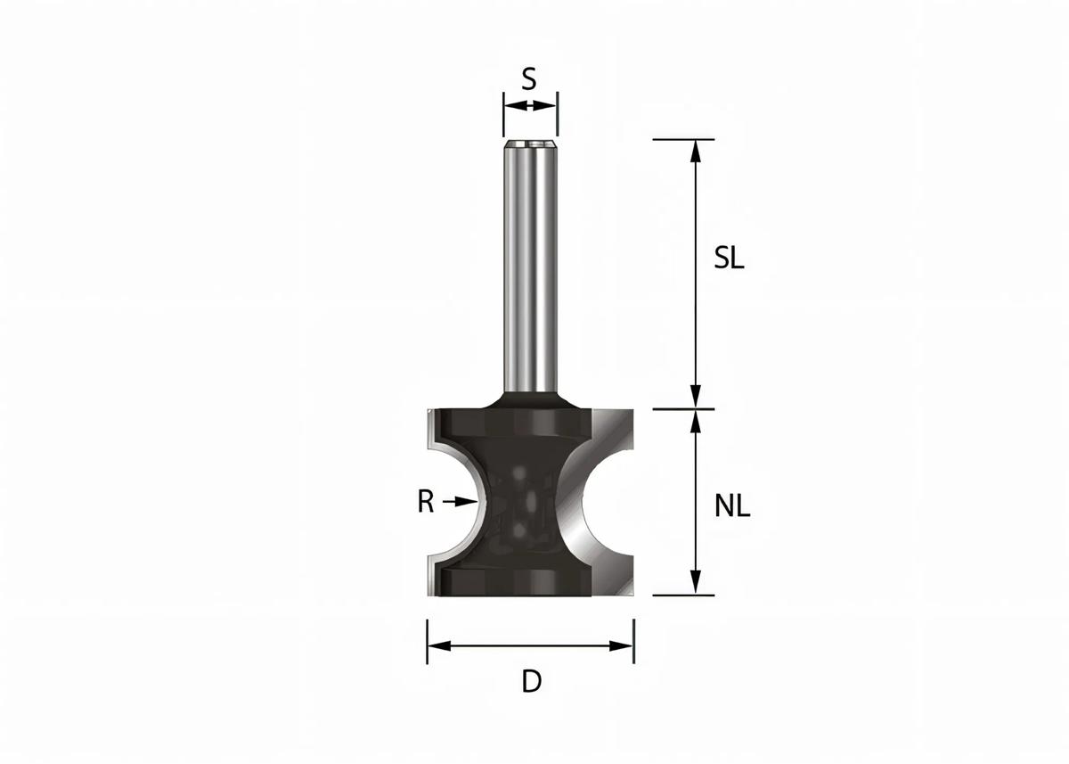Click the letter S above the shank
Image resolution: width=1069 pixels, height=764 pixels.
529,79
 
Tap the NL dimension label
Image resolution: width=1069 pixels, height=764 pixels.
732,506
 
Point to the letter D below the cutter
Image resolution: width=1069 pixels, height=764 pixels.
531,682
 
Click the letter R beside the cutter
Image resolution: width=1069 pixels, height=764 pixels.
426,503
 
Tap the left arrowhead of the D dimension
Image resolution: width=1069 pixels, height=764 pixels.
437,645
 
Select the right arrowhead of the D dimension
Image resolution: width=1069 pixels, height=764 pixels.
624,645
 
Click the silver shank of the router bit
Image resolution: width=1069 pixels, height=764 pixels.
530,267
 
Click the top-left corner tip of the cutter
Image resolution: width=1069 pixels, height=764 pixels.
429,413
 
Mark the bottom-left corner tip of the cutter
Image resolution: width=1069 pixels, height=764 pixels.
429,592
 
